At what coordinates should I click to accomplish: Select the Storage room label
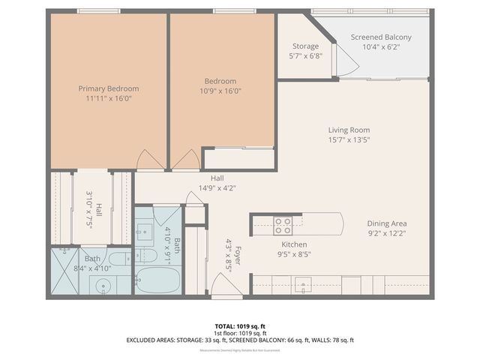coord(305,46)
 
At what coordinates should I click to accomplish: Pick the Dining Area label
coord(387,223)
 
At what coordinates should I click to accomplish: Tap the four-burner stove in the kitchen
coord(283,222)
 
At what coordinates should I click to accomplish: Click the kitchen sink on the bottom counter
coord(302,283)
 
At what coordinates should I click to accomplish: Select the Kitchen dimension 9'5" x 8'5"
coord(294,254)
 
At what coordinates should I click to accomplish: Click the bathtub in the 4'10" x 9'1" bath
coord(157,282)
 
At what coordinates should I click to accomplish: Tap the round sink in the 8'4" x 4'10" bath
coord(103,286)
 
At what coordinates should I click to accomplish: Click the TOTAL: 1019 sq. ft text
coord(239,326)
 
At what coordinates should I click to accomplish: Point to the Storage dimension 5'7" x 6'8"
coord(305,55)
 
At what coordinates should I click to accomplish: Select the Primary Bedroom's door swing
coord(147,159)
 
